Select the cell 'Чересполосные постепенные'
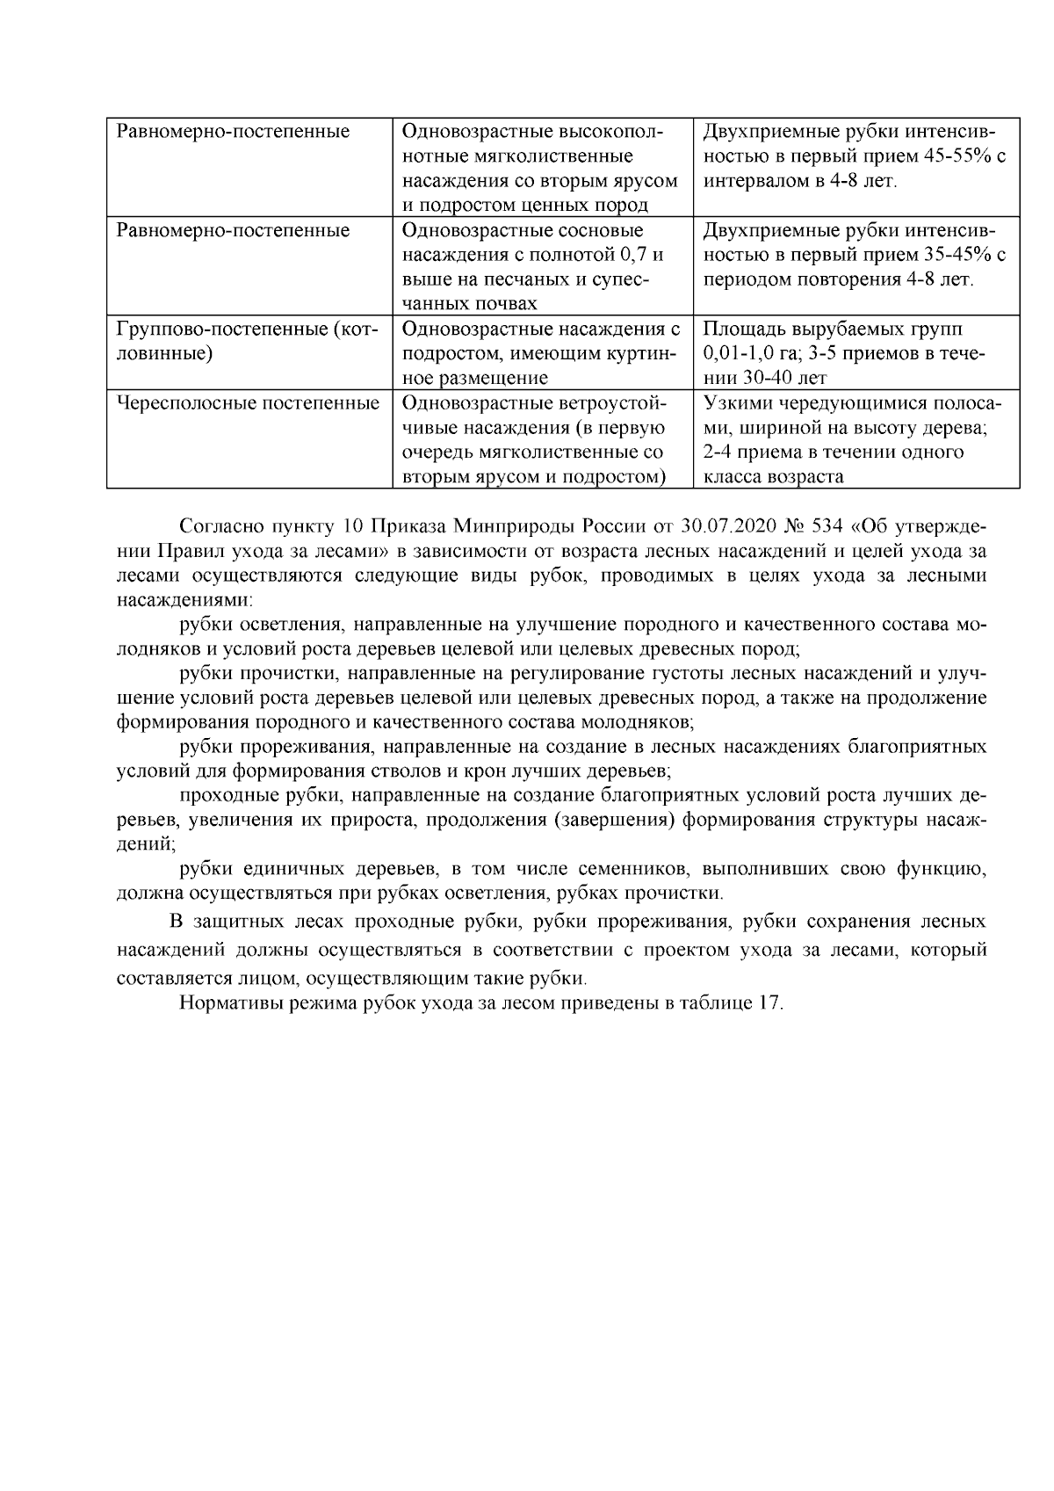click(248, 403)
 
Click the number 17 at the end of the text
click(769, 1003)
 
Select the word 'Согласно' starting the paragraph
click(220, 527)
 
